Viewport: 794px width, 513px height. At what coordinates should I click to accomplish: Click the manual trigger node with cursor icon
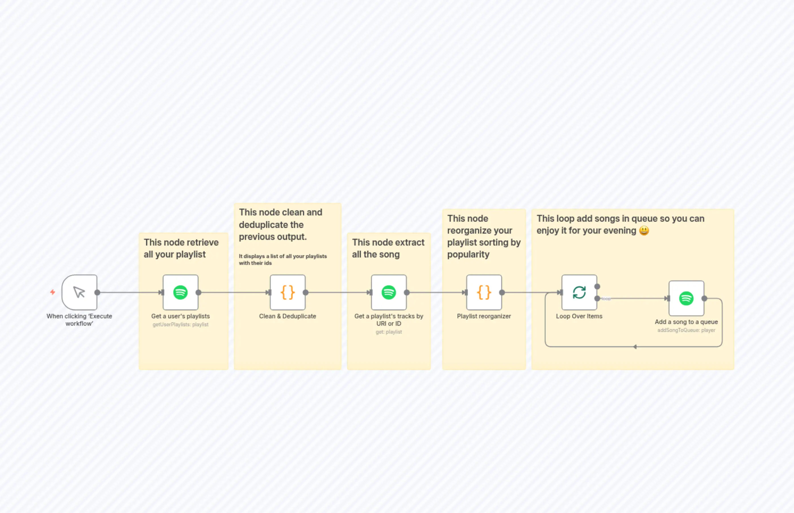point(79,292)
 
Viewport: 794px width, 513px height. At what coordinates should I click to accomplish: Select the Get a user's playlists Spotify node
point(180,292)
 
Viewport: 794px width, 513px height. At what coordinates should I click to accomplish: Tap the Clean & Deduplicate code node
point(287,292)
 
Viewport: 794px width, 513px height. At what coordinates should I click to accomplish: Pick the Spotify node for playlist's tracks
point(389,292)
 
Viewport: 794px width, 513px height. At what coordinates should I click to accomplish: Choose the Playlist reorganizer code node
point(484,292)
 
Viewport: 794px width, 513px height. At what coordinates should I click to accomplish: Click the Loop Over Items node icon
point(579,292)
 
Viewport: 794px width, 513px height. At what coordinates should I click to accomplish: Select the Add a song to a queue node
point(686,298)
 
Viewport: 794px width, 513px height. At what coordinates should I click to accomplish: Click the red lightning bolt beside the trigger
point(53,292)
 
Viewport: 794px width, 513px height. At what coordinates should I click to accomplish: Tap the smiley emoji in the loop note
point(644,230)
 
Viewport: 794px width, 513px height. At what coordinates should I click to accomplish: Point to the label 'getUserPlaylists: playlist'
point(180,325)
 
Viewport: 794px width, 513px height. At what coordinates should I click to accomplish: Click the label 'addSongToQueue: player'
point(686,330)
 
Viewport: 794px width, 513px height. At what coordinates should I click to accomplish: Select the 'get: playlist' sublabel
point(389,332)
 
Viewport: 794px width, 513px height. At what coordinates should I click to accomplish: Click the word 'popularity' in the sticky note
point(468,254)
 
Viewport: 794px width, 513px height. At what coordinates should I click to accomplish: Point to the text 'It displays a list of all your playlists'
point(282,256)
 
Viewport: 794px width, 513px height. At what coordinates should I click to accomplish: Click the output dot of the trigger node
point(97,292)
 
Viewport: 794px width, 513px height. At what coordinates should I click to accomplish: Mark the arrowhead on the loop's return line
point(635,347)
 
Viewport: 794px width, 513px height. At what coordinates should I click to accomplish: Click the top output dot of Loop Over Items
point(597,286)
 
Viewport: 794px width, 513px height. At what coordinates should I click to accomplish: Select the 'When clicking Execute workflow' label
point(79,320)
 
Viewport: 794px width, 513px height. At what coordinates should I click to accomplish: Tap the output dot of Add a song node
point(704,298)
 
